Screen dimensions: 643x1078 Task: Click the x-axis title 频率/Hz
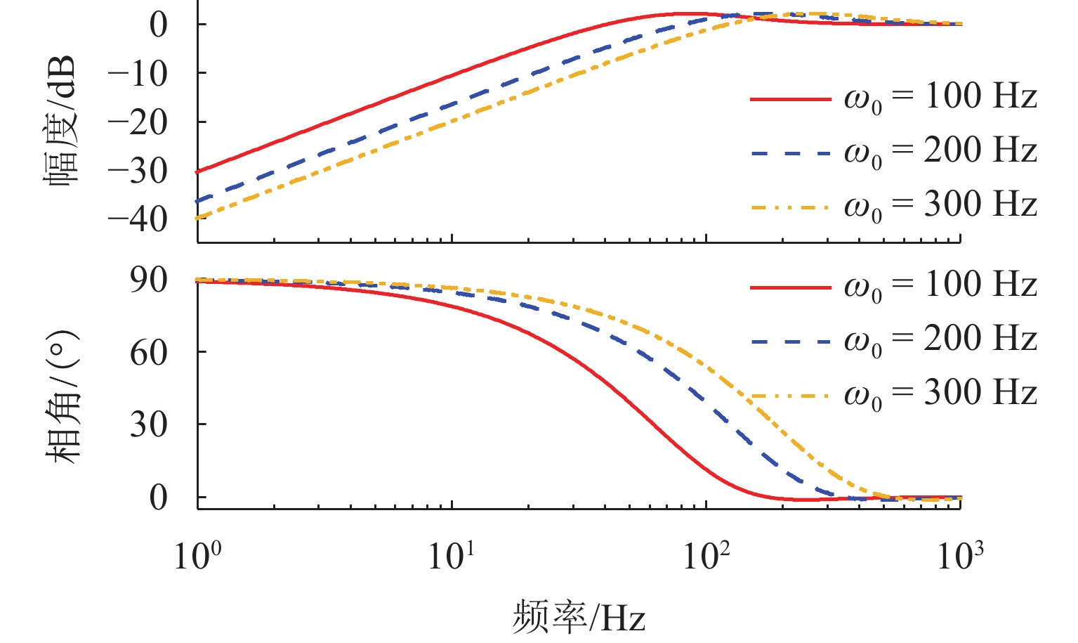(x=579, y=617)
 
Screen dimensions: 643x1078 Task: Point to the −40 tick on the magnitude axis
(x=138, y=219)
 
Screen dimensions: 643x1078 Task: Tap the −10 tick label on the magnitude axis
(x=138, y=73)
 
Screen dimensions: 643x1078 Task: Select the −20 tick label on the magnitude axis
(x=138, y=122)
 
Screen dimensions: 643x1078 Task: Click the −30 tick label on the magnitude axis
(x=138, y=171)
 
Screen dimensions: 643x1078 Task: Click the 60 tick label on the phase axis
(x=148, y=352)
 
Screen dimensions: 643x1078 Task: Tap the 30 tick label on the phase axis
(x=148, y=424)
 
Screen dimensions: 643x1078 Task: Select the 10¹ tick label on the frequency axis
(x=452, y=555)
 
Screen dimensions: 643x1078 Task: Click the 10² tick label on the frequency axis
(x=706, y=555)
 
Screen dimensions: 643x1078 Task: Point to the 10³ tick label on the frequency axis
(x=960, y=555)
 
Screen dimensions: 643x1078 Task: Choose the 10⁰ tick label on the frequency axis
(x=197, y=555)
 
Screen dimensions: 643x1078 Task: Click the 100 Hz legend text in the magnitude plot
(x=940, y=96)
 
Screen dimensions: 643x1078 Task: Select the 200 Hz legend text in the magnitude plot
(x=940, y=150)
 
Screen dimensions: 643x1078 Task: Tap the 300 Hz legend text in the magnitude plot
(x=940, y=204)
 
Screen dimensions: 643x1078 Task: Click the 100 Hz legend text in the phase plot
(x=940, y=285)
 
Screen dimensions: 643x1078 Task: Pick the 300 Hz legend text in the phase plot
(x=940, y=394)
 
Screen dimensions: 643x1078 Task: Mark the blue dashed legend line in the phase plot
(x=791, y=342)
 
